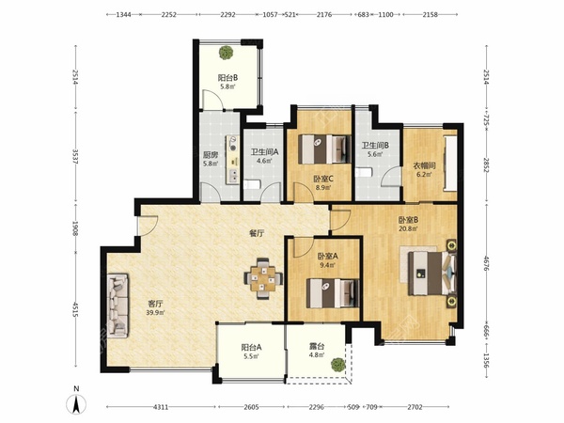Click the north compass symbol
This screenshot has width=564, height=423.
tap(76, 404)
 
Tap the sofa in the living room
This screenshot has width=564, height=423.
tap(117, 305)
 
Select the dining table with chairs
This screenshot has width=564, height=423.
tap(263, 278)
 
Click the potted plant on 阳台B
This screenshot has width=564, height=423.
tap(226, 53)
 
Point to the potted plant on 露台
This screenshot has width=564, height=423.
tap(337, 365)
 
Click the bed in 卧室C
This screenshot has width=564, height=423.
tap(325, 149)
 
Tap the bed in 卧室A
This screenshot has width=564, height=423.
tap(333, 293)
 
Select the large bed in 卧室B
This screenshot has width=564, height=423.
tap(432, 274)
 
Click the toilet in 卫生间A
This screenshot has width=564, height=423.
tap(251, 185)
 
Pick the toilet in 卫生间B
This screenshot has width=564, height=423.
tap(363, 172)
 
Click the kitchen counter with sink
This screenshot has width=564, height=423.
tap(233, 160)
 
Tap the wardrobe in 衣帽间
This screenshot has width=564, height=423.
tap(450, 164)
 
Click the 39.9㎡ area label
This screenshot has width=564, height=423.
tap(155, 313)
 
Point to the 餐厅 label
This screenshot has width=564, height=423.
tap(257, 233)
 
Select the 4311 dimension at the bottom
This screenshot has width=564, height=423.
tap(161, 407)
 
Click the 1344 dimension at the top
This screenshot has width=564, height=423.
tap(123, 15)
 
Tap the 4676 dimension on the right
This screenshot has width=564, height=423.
tap(487, 263)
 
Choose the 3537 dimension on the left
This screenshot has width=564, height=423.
tap(75, 157)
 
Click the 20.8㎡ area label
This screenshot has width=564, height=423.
tap(408, 228)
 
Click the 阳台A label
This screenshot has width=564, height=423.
tap(251, 348)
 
